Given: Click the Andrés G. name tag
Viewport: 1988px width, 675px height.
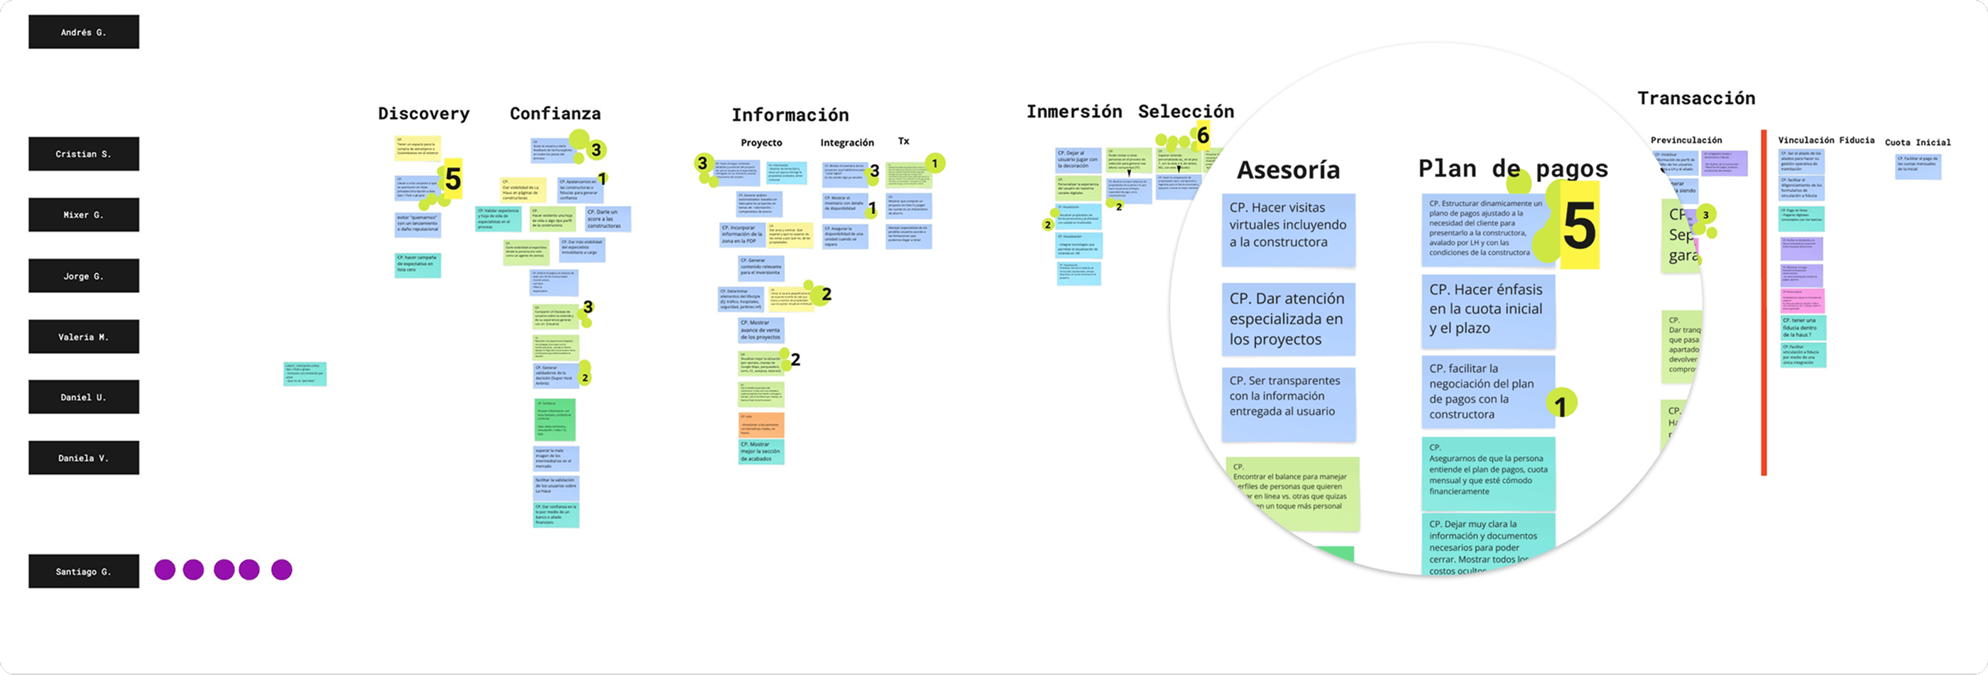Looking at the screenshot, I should pos(83,33).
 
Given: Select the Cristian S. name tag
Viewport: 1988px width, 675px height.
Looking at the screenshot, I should pos(83,153).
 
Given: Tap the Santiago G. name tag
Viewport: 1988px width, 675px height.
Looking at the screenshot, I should pos(83,571).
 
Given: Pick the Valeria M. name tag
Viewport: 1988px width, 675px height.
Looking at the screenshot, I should pos(83,337).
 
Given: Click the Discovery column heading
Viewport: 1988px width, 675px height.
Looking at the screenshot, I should pos(424,114).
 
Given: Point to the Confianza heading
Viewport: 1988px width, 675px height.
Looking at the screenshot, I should pos(555,114).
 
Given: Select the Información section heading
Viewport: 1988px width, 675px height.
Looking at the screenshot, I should pos(790,115).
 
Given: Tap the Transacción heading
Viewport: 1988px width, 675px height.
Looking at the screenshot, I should pos(1696,98).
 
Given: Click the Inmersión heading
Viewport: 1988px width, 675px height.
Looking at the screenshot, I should pos(1074,112).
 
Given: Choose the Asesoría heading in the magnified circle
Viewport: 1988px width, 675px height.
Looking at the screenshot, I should pos(1288,170).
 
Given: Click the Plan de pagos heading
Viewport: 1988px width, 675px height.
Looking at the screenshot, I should pos(1512,168).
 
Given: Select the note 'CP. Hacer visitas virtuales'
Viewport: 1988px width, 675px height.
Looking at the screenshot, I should pos(1288,225).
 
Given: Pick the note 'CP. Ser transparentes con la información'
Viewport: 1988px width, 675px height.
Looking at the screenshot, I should pos(1288,396).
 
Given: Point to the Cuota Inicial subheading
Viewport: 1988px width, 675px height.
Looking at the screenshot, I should pos(1917,142).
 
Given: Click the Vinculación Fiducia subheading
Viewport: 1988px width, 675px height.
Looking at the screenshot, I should pos(1826,140).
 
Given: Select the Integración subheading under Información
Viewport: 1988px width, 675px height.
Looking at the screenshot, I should pos(846,143).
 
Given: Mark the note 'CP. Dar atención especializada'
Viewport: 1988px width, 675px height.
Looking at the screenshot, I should pos(1288,319).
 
